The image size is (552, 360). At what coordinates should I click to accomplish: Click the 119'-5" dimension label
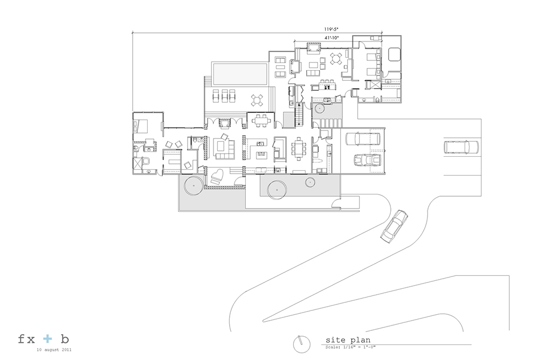[x=332, y=30]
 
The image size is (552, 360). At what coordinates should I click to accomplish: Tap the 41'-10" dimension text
[x=332, y=37]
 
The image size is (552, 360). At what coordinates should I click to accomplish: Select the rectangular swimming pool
[x=240, y=74]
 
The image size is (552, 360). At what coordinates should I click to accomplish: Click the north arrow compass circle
[x=302, y=344]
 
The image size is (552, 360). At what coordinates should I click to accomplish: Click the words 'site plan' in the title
[x=348, y=340]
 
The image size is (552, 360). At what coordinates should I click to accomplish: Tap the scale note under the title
[x=350, y=347]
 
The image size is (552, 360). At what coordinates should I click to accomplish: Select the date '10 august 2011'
[x=54, y=350]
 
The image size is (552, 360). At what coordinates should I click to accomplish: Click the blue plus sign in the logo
[x=47, y=339]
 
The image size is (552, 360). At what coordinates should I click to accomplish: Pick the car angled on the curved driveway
[x=394, y=226]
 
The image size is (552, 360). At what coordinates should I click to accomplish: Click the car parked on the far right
[x=461, y=147]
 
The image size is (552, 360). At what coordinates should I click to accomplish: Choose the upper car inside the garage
[x=363, y=139]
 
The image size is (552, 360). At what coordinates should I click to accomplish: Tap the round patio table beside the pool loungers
[x=257, y=101]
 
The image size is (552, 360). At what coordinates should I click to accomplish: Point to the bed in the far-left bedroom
[x=140, y=126]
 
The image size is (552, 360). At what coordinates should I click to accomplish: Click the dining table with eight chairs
[x=299, y=149]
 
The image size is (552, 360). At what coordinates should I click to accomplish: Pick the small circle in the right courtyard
[x=310, y=182]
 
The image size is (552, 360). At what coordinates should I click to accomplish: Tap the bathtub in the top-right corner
[x=394, y=54]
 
